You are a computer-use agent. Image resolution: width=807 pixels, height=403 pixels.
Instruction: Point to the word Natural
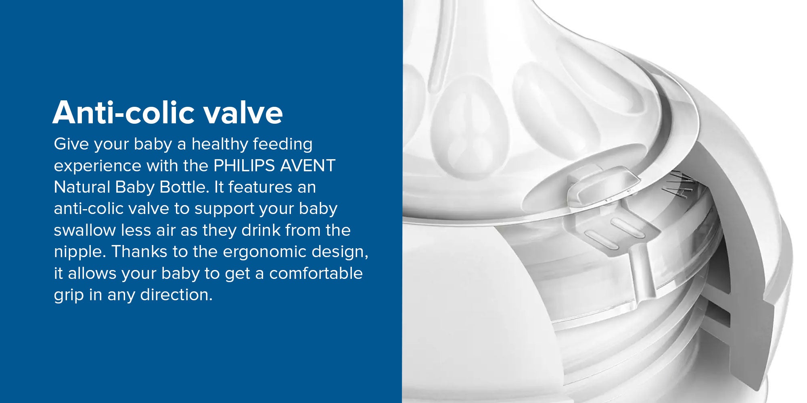pyautogui.click(x=82, y=187)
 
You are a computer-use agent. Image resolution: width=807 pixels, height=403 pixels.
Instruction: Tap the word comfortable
pyautogui.click(x=316, y=273)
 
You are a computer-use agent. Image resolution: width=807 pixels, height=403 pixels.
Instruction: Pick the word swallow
pyautogui.click(x=85, y=230)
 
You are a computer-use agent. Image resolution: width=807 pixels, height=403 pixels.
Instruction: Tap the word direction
pyautogui.click(x=176, y=295)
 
